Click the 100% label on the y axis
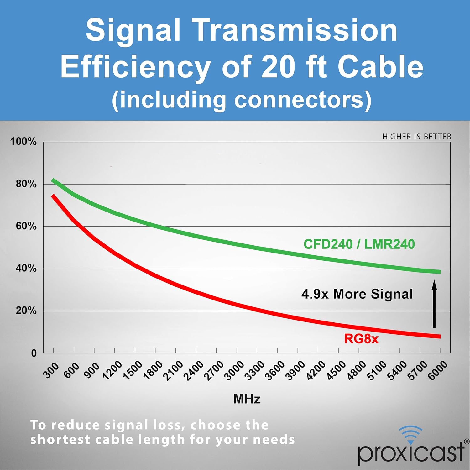click(x=23, y=141)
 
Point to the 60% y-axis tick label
click(x=26, y=226)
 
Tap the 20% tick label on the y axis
click(x=26, y=311)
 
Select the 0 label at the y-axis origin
click(x=34, y=353)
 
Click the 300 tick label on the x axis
click(x=51, y=370)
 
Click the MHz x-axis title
click(x=247, y=399)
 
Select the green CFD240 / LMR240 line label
click(x=359, y=244)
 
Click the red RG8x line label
click(x=361, y=339)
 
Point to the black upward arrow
click(x=434, y=304)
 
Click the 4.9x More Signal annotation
click(x=357, y=294)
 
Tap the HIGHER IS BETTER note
click(x=417, y=137)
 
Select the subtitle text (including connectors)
click(x=242, y=100)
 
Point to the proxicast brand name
click(x=410, y=453)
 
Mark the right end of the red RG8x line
click(x=440, y=337)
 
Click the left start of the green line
click(x=53, y=180)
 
